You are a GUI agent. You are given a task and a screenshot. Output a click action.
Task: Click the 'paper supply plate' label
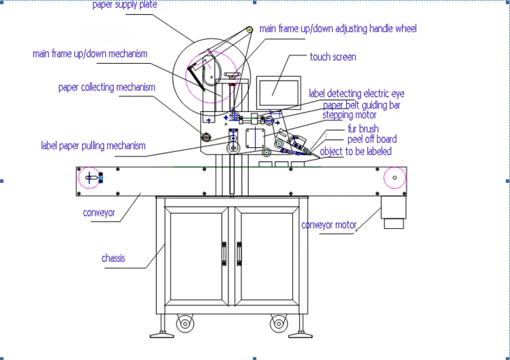point(125,5)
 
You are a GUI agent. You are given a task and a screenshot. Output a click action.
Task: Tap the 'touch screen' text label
point(333,57)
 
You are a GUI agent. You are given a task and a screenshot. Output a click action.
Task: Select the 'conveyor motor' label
point(329,225)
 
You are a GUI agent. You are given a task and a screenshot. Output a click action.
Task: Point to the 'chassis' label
point(113,258)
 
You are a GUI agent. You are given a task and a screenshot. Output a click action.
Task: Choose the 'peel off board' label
point(371,139)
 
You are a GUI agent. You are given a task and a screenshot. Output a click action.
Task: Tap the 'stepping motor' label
point(349,115)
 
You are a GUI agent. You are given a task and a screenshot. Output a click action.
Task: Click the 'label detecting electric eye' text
point(356,94)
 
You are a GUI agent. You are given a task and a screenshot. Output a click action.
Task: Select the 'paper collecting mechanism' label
point(106,88)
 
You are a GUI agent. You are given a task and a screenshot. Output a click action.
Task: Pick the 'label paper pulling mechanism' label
point(93,146)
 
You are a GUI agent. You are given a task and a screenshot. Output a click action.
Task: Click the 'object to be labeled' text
point(356,151)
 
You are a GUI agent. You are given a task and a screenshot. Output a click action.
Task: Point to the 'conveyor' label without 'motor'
point(99,213)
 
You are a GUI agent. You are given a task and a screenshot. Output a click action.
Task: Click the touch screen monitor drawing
point(278,89)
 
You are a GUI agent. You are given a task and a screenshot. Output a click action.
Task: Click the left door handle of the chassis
point(224,253)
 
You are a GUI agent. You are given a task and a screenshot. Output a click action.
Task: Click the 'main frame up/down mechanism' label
point(90,54)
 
